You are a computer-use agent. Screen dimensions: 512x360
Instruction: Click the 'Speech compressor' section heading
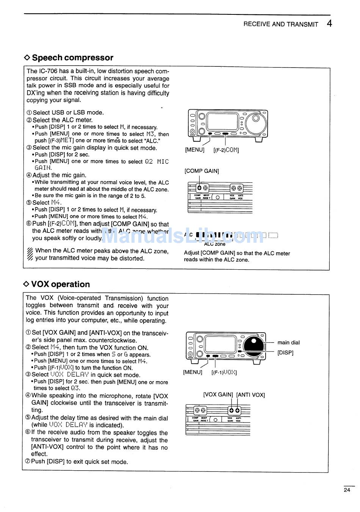(72, 58)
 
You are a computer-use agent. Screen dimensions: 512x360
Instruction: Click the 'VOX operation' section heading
(61, 284)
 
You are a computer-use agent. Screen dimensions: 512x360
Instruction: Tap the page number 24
(347, 490)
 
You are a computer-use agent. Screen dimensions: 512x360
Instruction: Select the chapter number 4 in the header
(329, 24)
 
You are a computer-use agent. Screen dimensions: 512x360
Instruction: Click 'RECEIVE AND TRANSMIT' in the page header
(280, 24)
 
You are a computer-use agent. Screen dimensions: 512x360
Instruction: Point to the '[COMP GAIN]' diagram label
(202, 171)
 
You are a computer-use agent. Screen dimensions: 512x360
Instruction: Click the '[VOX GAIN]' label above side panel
(218, 395)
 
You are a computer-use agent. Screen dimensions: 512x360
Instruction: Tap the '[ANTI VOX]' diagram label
(250, 395)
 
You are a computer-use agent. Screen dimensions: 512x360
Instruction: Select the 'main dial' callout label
(288, 342)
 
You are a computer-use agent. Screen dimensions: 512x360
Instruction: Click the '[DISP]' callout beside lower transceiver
(285, 353)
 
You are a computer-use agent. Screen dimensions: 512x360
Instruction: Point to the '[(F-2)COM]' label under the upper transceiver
(226, 150)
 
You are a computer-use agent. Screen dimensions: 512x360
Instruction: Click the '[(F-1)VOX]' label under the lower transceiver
(224, 372)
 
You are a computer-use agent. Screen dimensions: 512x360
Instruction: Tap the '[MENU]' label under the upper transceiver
(194, 150)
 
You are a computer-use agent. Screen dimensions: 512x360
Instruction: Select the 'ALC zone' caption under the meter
(214, 244)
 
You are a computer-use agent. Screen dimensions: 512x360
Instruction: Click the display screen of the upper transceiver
(222, 121)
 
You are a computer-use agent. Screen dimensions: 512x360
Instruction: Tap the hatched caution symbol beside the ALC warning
(30, 254)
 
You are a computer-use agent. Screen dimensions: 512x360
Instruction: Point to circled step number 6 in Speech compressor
(29, 224)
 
